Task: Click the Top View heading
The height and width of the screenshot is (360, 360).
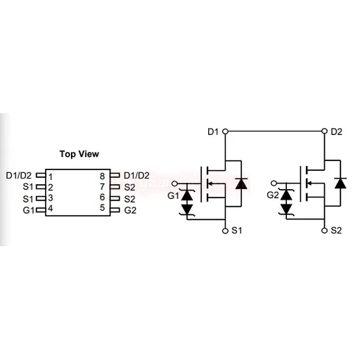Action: (79, 154)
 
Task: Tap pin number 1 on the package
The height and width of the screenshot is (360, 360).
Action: (51, 177)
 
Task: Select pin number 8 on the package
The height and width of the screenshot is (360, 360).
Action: (102, 176)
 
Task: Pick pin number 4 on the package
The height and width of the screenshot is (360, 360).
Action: (51, 208)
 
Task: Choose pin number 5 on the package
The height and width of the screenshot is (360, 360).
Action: (102, 207)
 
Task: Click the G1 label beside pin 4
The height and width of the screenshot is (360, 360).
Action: (29, 210)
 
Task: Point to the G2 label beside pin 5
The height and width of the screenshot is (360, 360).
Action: (130, 210)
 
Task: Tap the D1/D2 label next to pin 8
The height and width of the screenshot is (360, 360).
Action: (136, 176)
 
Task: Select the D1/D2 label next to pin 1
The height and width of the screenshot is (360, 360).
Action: (18, 176)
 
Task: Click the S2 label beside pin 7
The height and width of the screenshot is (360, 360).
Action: (129, 187)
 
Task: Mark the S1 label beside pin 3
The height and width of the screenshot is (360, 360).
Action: (28, 199)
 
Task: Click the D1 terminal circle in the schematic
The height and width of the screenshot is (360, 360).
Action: (225, 131)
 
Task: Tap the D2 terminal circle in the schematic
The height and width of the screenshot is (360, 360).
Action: (324, 131)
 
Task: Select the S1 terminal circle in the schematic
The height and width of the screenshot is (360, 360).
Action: (225, 231)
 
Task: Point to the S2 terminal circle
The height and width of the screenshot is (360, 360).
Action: (324, 231)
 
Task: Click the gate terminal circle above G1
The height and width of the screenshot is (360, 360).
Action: (174, 184)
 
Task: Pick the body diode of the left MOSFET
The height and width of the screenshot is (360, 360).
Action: (241, 184)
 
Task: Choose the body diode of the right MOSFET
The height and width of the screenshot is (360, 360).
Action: (340, 184)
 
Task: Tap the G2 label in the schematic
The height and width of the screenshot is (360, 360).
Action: (273, 195)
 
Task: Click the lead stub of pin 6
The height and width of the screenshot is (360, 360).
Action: (115, 198)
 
